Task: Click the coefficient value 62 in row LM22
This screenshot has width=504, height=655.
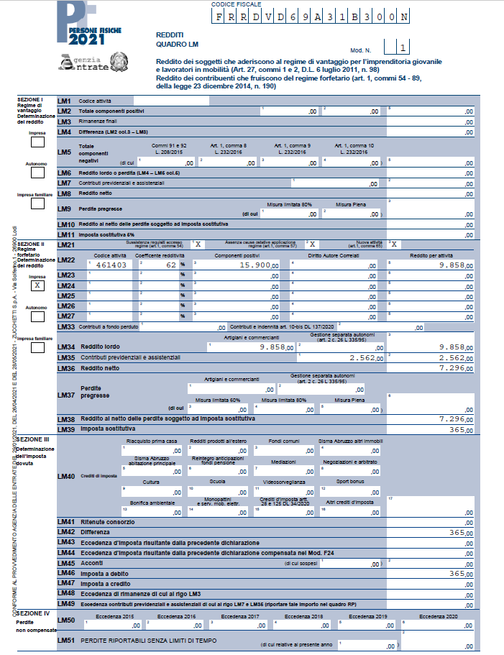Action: pyautogui.click(x=170, y=265)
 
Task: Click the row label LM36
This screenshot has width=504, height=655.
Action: pyautogui.click(x=65, y=368)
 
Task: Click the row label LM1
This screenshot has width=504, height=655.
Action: pyautogui.click(x=64, y=101)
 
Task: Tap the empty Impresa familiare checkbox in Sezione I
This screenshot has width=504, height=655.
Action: pyautogui.click(x=37, y=203)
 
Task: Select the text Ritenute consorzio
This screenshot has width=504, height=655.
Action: pyautogui.click(x=106, y=522)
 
